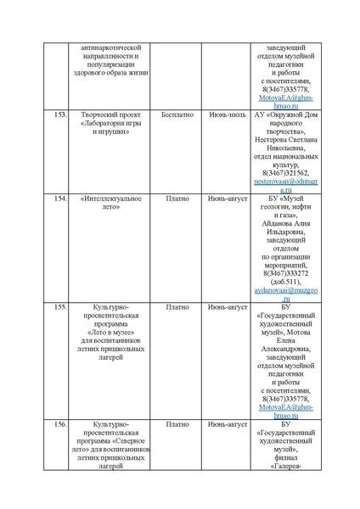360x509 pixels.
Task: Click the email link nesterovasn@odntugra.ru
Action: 285,185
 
